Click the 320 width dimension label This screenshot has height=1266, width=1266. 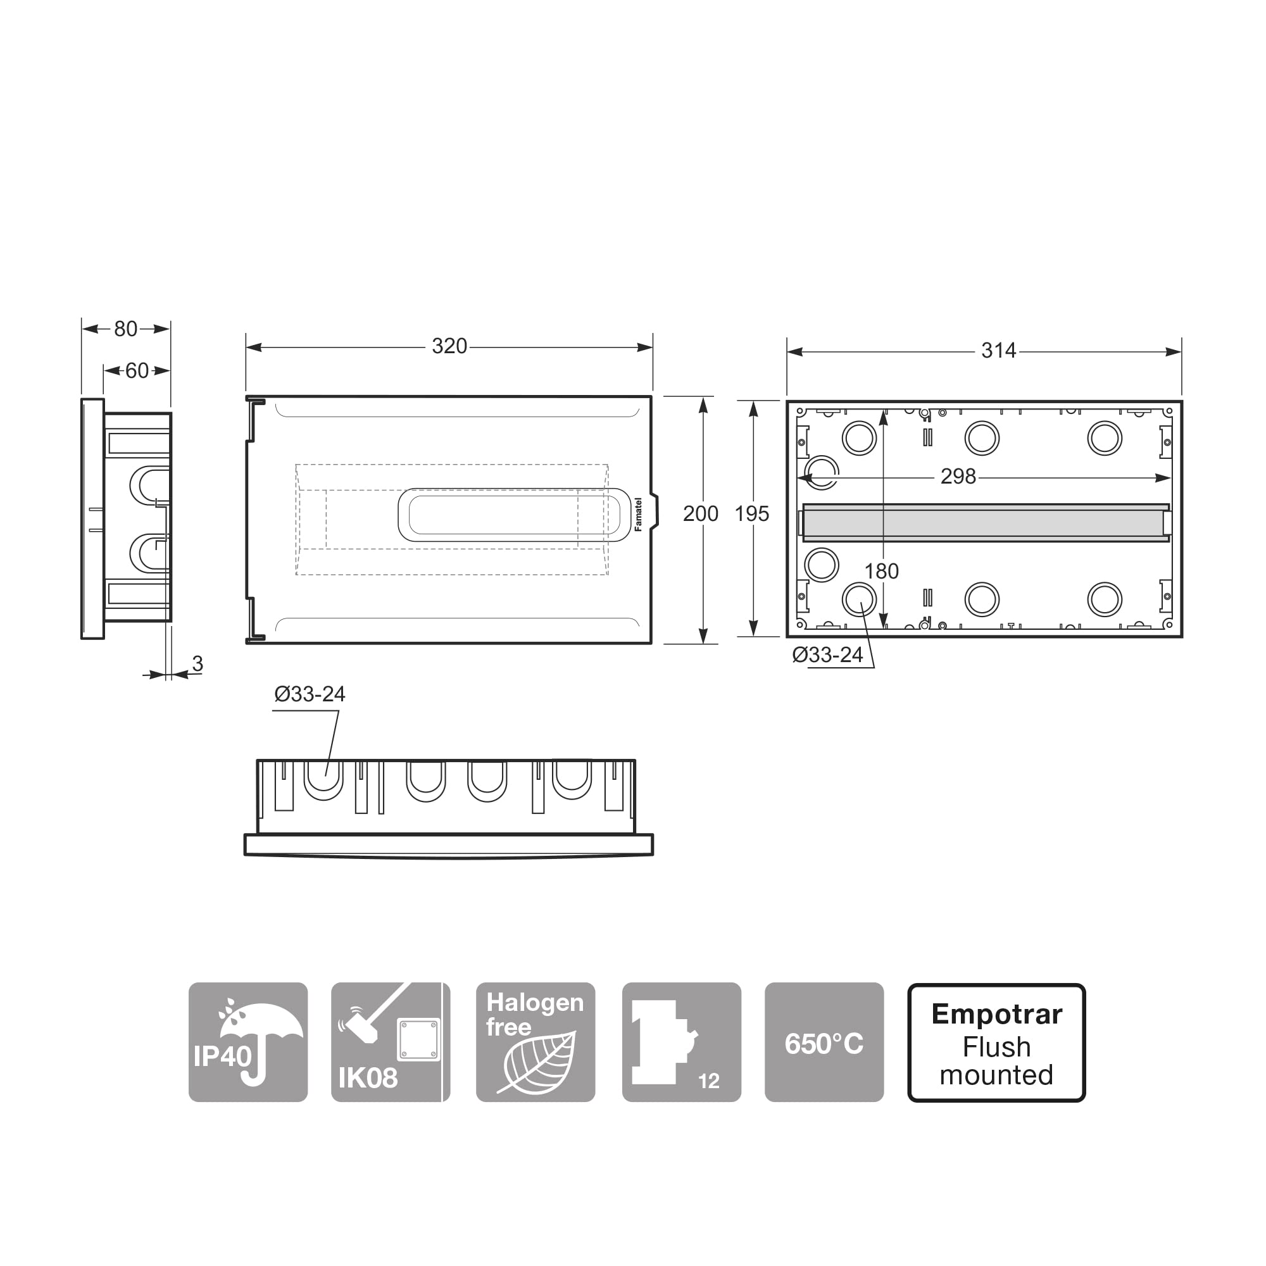449,346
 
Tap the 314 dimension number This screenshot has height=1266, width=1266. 999,351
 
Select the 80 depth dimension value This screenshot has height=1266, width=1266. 126,329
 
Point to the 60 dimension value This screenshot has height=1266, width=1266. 137,371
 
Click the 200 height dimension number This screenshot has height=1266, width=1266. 701,514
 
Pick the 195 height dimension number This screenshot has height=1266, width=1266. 751,514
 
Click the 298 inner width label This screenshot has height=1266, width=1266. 958,477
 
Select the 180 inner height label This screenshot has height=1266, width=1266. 881,572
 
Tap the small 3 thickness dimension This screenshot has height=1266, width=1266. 197,664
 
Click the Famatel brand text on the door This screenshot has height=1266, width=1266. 638,515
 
